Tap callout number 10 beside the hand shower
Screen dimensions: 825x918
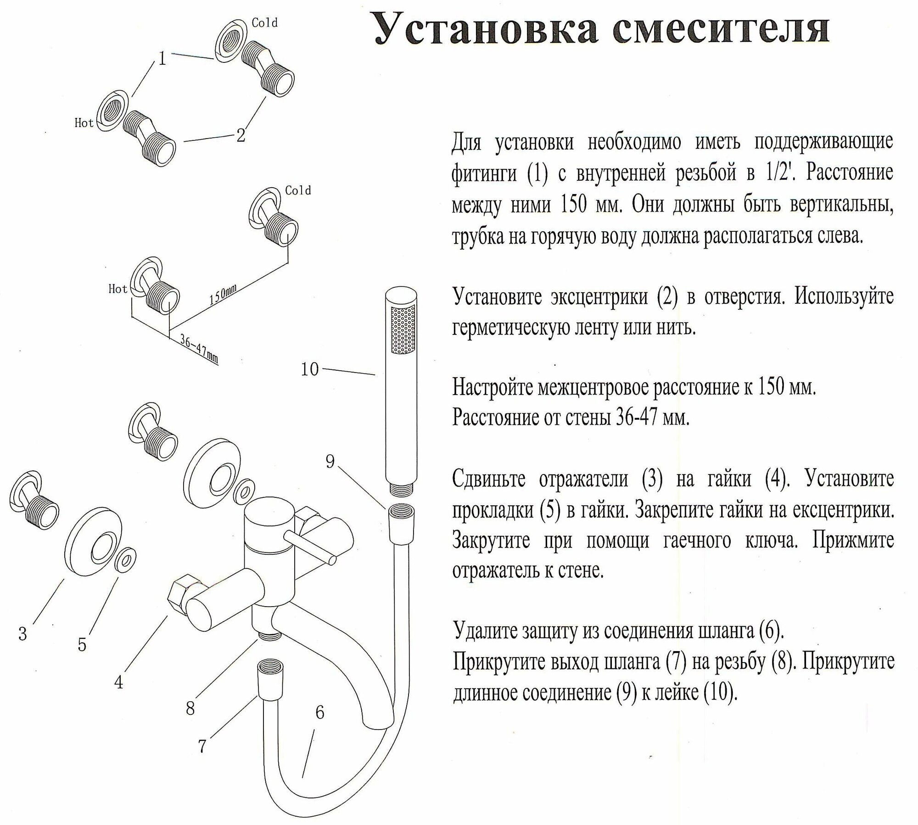[310, 369]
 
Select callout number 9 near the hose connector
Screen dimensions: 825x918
[330, 461]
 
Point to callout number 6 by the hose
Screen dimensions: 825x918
[320, 712]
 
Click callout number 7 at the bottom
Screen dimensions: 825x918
[202, 746]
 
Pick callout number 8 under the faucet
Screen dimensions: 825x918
[190, 708]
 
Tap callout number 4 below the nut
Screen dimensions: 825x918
[119, 682]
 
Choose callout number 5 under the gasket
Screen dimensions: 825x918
[82, 645]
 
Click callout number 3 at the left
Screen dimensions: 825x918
[22, 634]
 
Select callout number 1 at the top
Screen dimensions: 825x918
[162, 59]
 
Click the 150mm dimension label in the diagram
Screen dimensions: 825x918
[223, 294]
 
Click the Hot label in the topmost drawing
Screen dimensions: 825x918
[84, 123]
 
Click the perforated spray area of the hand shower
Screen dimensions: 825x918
[402, 330]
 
